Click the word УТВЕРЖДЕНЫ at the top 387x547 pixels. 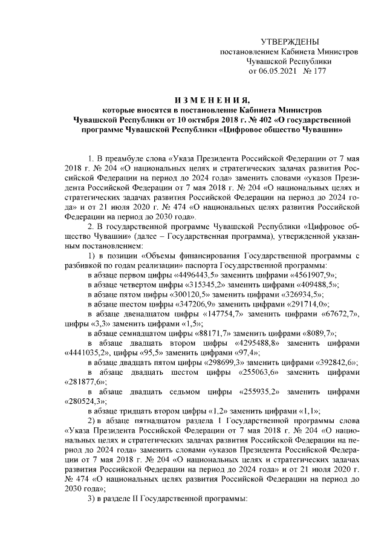(289, 41)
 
